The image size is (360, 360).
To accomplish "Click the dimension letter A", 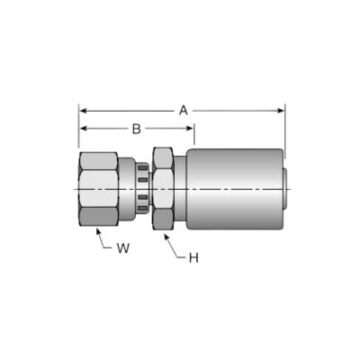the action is tap(184, 111).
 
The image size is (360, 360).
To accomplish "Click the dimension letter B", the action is tap(137, 129).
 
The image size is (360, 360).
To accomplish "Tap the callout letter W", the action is tap(123, 248).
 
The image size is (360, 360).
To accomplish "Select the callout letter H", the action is tap(193, 257).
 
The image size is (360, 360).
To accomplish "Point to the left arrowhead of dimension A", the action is tap(84, 111).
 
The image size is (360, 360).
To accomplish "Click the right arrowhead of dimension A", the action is tap(280, 111).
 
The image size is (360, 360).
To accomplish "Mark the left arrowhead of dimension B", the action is tap(84, 129).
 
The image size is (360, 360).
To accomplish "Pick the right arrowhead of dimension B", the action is tap(189, 129).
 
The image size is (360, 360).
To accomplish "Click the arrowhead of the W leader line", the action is tap(98, 231).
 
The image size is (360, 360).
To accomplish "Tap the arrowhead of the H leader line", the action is tap(166, 238).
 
